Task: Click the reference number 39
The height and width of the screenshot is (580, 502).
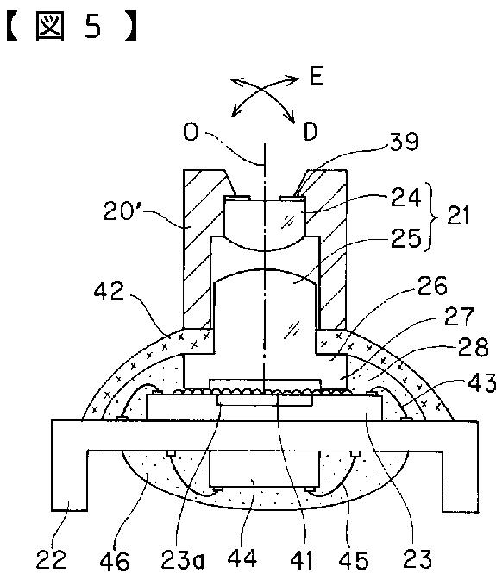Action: [405, 141]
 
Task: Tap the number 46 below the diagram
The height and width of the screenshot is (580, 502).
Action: [115, 560]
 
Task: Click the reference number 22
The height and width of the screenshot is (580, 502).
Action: [51, 559]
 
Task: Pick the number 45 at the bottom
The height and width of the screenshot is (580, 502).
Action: [354, 559]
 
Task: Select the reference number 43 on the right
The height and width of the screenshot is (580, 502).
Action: [482, 382]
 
